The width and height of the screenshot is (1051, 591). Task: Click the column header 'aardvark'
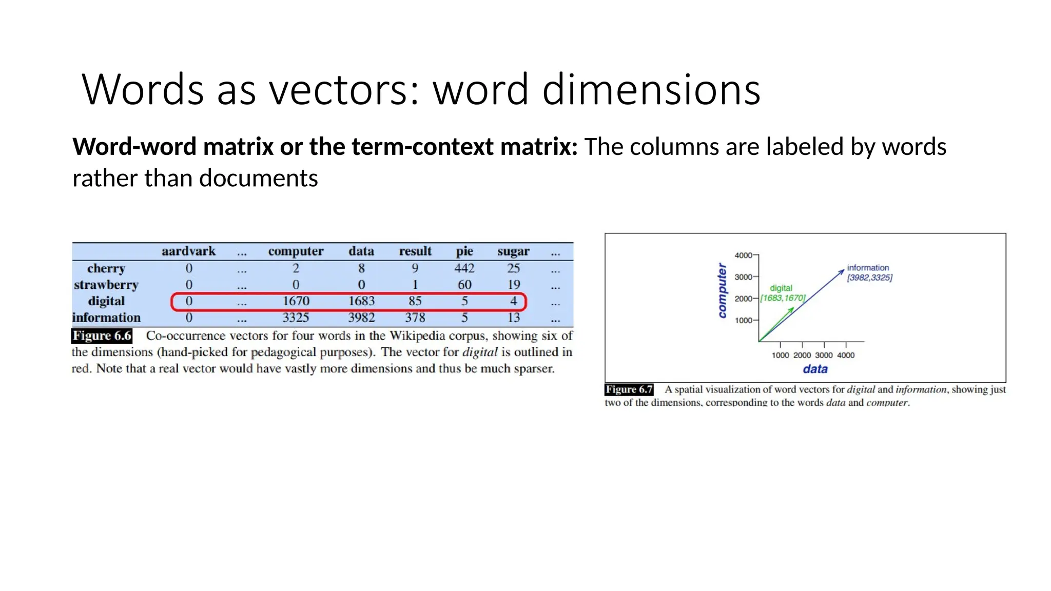(x=188, y=251)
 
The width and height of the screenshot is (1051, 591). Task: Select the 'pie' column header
(x=464, y=251)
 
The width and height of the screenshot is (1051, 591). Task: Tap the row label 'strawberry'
(x=106, y=285)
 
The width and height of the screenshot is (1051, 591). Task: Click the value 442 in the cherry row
(x=464, y=268)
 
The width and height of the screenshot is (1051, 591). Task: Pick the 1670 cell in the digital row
(x=296, y=301)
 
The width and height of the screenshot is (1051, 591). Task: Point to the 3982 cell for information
(x=361, y=318)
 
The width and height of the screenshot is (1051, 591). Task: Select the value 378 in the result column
(x=415, y=318)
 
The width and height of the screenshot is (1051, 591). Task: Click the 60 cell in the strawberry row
(x=464, y=285)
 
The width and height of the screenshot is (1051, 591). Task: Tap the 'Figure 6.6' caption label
(x=102, y=336)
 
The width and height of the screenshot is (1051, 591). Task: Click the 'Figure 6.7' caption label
(x=629, y=389)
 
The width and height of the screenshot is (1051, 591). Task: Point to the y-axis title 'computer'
(x=722, y=290)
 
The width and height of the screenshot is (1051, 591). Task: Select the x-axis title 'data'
(x=815, y=369)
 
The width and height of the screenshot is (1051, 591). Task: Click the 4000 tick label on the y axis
(x=743, y=255)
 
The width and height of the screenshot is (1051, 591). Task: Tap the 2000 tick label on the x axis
(x=802, y=355)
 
